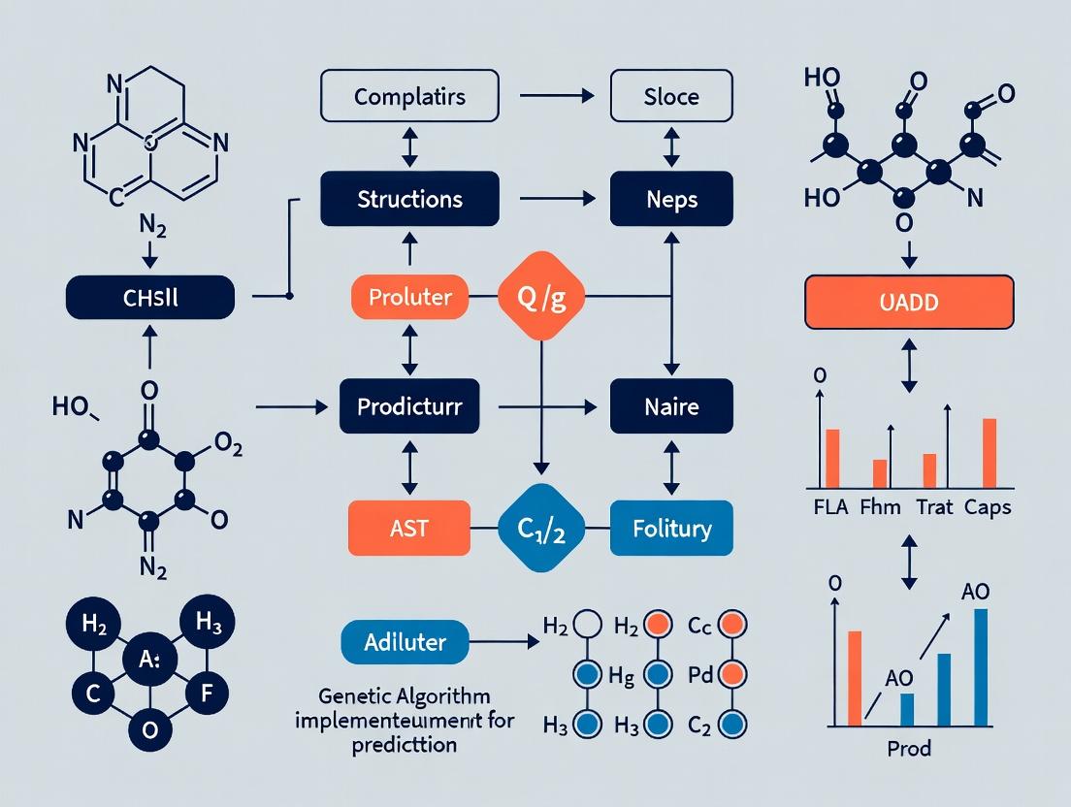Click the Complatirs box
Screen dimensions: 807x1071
[409, 97]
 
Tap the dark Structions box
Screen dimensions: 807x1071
[409, 199]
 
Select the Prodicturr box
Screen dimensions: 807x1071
[409, 405]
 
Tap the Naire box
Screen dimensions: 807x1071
[671, 405]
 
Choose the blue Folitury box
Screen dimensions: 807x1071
[671, 529]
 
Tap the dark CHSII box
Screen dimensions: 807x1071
[149, 297]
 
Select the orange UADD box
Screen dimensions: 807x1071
[909, 301]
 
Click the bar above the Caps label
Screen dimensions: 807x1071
[990, 452]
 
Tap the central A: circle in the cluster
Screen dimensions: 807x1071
[149, 662]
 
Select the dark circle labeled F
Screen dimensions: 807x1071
[213, 694]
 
